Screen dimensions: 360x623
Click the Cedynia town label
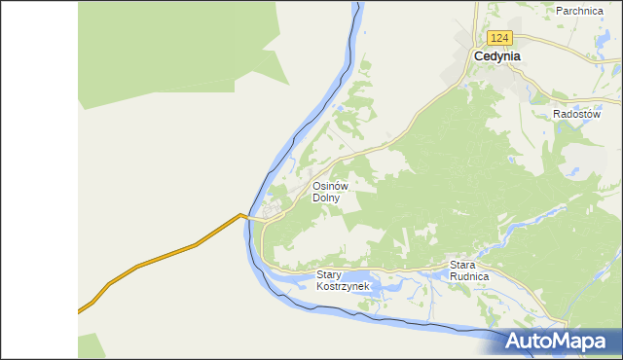[x=496, y=56]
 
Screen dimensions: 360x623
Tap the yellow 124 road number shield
[x=499, y=38]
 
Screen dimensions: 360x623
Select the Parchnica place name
[x=580, y=11]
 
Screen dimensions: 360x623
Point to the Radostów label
[x=574, y=114]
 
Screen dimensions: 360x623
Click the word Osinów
[x=330, y=186]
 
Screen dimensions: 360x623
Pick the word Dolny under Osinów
[x=326, y=198]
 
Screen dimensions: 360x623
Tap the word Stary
[x=330, y=275]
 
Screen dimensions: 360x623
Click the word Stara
[x=461, y=265]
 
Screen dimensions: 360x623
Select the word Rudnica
[x=469, y=276]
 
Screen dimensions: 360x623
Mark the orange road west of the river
[x=165, y=255]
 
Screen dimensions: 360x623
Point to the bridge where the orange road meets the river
[x=251, y=219]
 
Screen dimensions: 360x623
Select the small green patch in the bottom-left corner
[x=91, y=346]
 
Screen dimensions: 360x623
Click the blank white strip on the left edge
[x=39, y=180]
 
